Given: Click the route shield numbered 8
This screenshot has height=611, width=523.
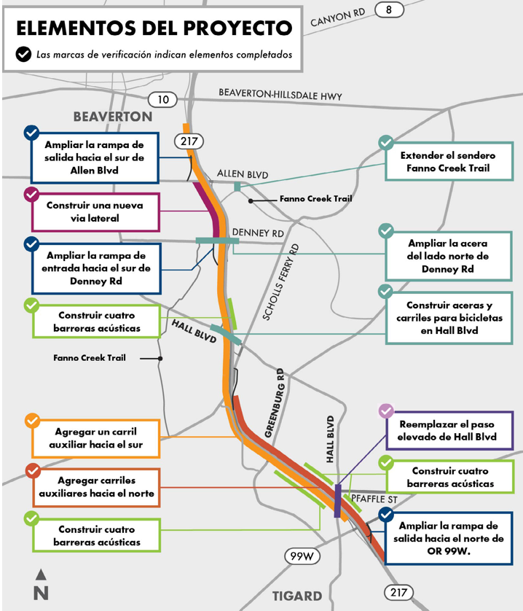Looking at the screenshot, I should [x=390, y=10].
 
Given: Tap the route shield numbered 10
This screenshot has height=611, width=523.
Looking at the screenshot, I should [x=162, y=100].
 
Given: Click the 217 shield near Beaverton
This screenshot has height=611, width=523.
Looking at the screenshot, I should [x=188, y=141].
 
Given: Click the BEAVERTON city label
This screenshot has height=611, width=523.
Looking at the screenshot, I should [x=113, y=117].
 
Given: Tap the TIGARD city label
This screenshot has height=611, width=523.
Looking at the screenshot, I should [x=297, y=596].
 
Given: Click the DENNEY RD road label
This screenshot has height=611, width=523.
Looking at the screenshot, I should [x=258, y=233].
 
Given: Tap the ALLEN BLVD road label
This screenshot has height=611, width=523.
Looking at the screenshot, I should [x=243, y=175].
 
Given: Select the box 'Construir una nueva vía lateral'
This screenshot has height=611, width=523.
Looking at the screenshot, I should [x=95, y=211].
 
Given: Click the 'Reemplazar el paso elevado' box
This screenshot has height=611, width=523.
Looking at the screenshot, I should [x=448, y=431].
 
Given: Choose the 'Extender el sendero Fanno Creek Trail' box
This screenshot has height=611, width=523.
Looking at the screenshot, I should [x=448, y=162].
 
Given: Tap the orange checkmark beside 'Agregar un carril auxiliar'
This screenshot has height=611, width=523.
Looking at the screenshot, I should [x=32, y=421].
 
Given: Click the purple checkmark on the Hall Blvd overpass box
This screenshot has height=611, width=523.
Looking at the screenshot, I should [x=386, y=411].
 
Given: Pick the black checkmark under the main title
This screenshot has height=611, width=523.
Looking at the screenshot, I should [x=23, y=54].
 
